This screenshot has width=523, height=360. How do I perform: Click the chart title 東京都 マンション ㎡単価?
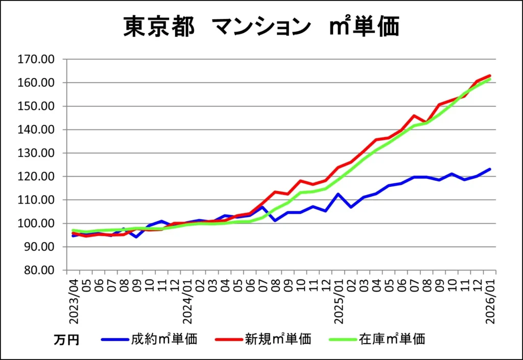[261, 27]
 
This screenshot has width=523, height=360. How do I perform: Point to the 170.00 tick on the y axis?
[36, 59]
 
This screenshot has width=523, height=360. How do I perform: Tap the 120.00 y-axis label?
[36, 177]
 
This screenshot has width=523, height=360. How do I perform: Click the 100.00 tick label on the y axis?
[36, 224]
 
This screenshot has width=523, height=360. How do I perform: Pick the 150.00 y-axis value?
[36, 106]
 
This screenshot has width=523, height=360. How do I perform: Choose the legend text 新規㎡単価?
[278, 339]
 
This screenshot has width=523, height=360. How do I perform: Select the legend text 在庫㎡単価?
[392, 339]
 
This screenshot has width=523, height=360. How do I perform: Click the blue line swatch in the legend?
[115, 339]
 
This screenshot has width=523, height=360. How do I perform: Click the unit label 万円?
[66, 340]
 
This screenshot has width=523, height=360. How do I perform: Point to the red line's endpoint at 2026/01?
[490, 76]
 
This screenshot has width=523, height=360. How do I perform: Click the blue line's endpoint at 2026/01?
[490, 169]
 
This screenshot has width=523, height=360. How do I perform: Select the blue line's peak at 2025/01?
[338, 194]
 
